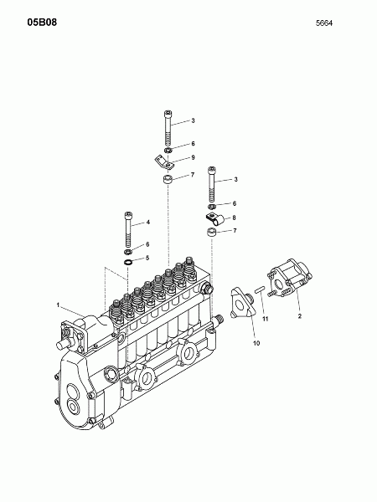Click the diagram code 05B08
click(42, 22)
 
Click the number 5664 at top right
click(324, 23)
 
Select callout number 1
click(58, 305)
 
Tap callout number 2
click(300, 316)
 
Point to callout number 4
click(148, 222)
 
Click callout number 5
click(147, 258)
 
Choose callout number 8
click(235, 218)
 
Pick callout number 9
click(193, 157)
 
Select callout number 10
click(256, 343)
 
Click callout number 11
click(266, 319)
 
